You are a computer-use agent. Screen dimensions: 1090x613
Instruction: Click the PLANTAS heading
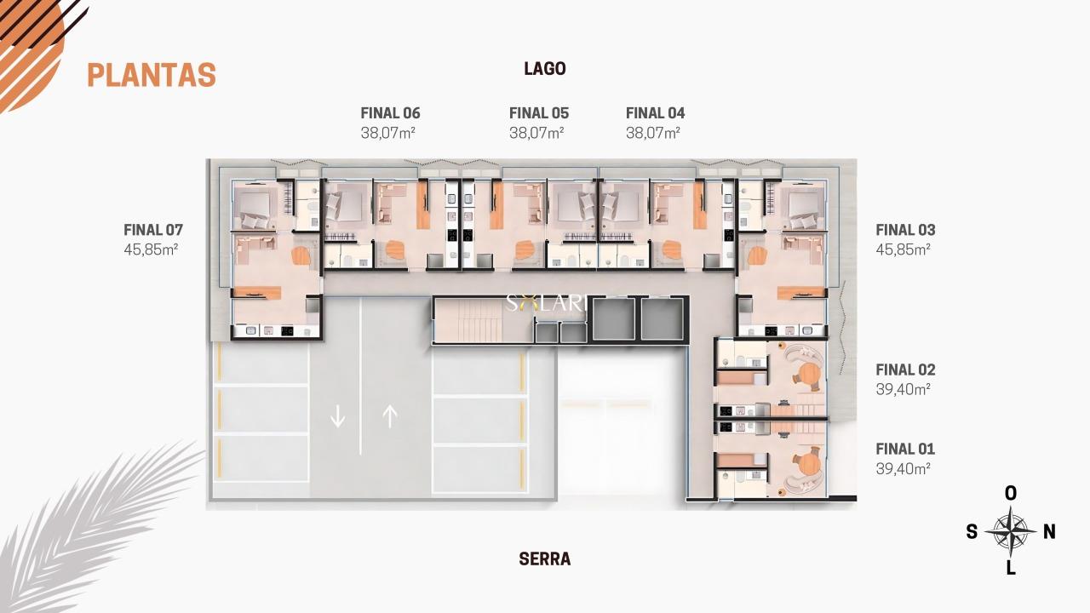(152, 75)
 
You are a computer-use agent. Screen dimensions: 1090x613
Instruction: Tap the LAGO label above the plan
(545, 69)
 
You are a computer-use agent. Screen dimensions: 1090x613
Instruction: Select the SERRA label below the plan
(545, 559)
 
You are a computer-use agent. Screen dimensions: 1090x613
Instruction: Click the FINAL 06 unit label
(390, 113)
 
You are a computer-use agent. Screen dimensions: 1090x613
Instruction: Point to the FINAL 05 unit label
(539, 113)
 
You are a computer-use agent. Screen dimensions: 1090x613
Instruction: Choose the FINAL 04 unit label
(656, 113)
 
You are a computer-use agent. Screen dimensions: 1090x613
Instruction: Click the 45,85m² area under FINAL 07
(151, 249)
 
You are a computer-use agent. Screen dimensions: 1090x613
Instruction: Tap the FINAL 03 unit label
(905, 230)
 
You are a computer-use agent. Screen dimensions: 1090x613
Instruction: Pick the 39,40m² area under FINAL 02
(904, 390)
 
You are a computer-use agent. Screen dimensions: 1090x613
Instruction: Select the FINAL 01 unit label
(905, 449)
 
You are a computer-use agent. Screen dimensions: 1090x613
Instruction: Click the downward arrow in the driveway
(338, 416)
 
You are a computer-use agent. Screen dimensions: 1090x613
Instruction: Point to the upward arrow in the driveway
(390, 416)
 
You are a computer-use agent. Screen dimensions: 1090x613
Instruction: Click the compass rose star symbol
(1011, 532)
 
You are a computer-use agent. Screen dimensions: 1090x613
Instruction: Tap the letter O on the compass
(1011, 494)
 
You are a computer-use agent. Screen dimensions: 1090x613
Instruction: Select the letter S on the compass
(972, 532)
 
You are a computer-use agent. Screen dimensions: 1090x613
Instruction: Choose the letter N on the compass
(1050, 532)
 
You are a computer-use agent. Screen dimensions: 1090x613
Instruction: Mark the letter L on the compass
(1011, 568)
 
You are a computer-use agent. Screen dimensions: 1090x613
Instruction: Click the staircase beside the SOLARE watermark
(468, 320)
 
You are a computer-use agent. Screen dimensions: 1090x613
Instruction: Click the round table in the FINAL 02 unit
(809, 375)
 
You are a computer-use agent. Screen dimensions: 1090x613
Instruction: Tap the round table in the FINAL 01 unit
(809, 463)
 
